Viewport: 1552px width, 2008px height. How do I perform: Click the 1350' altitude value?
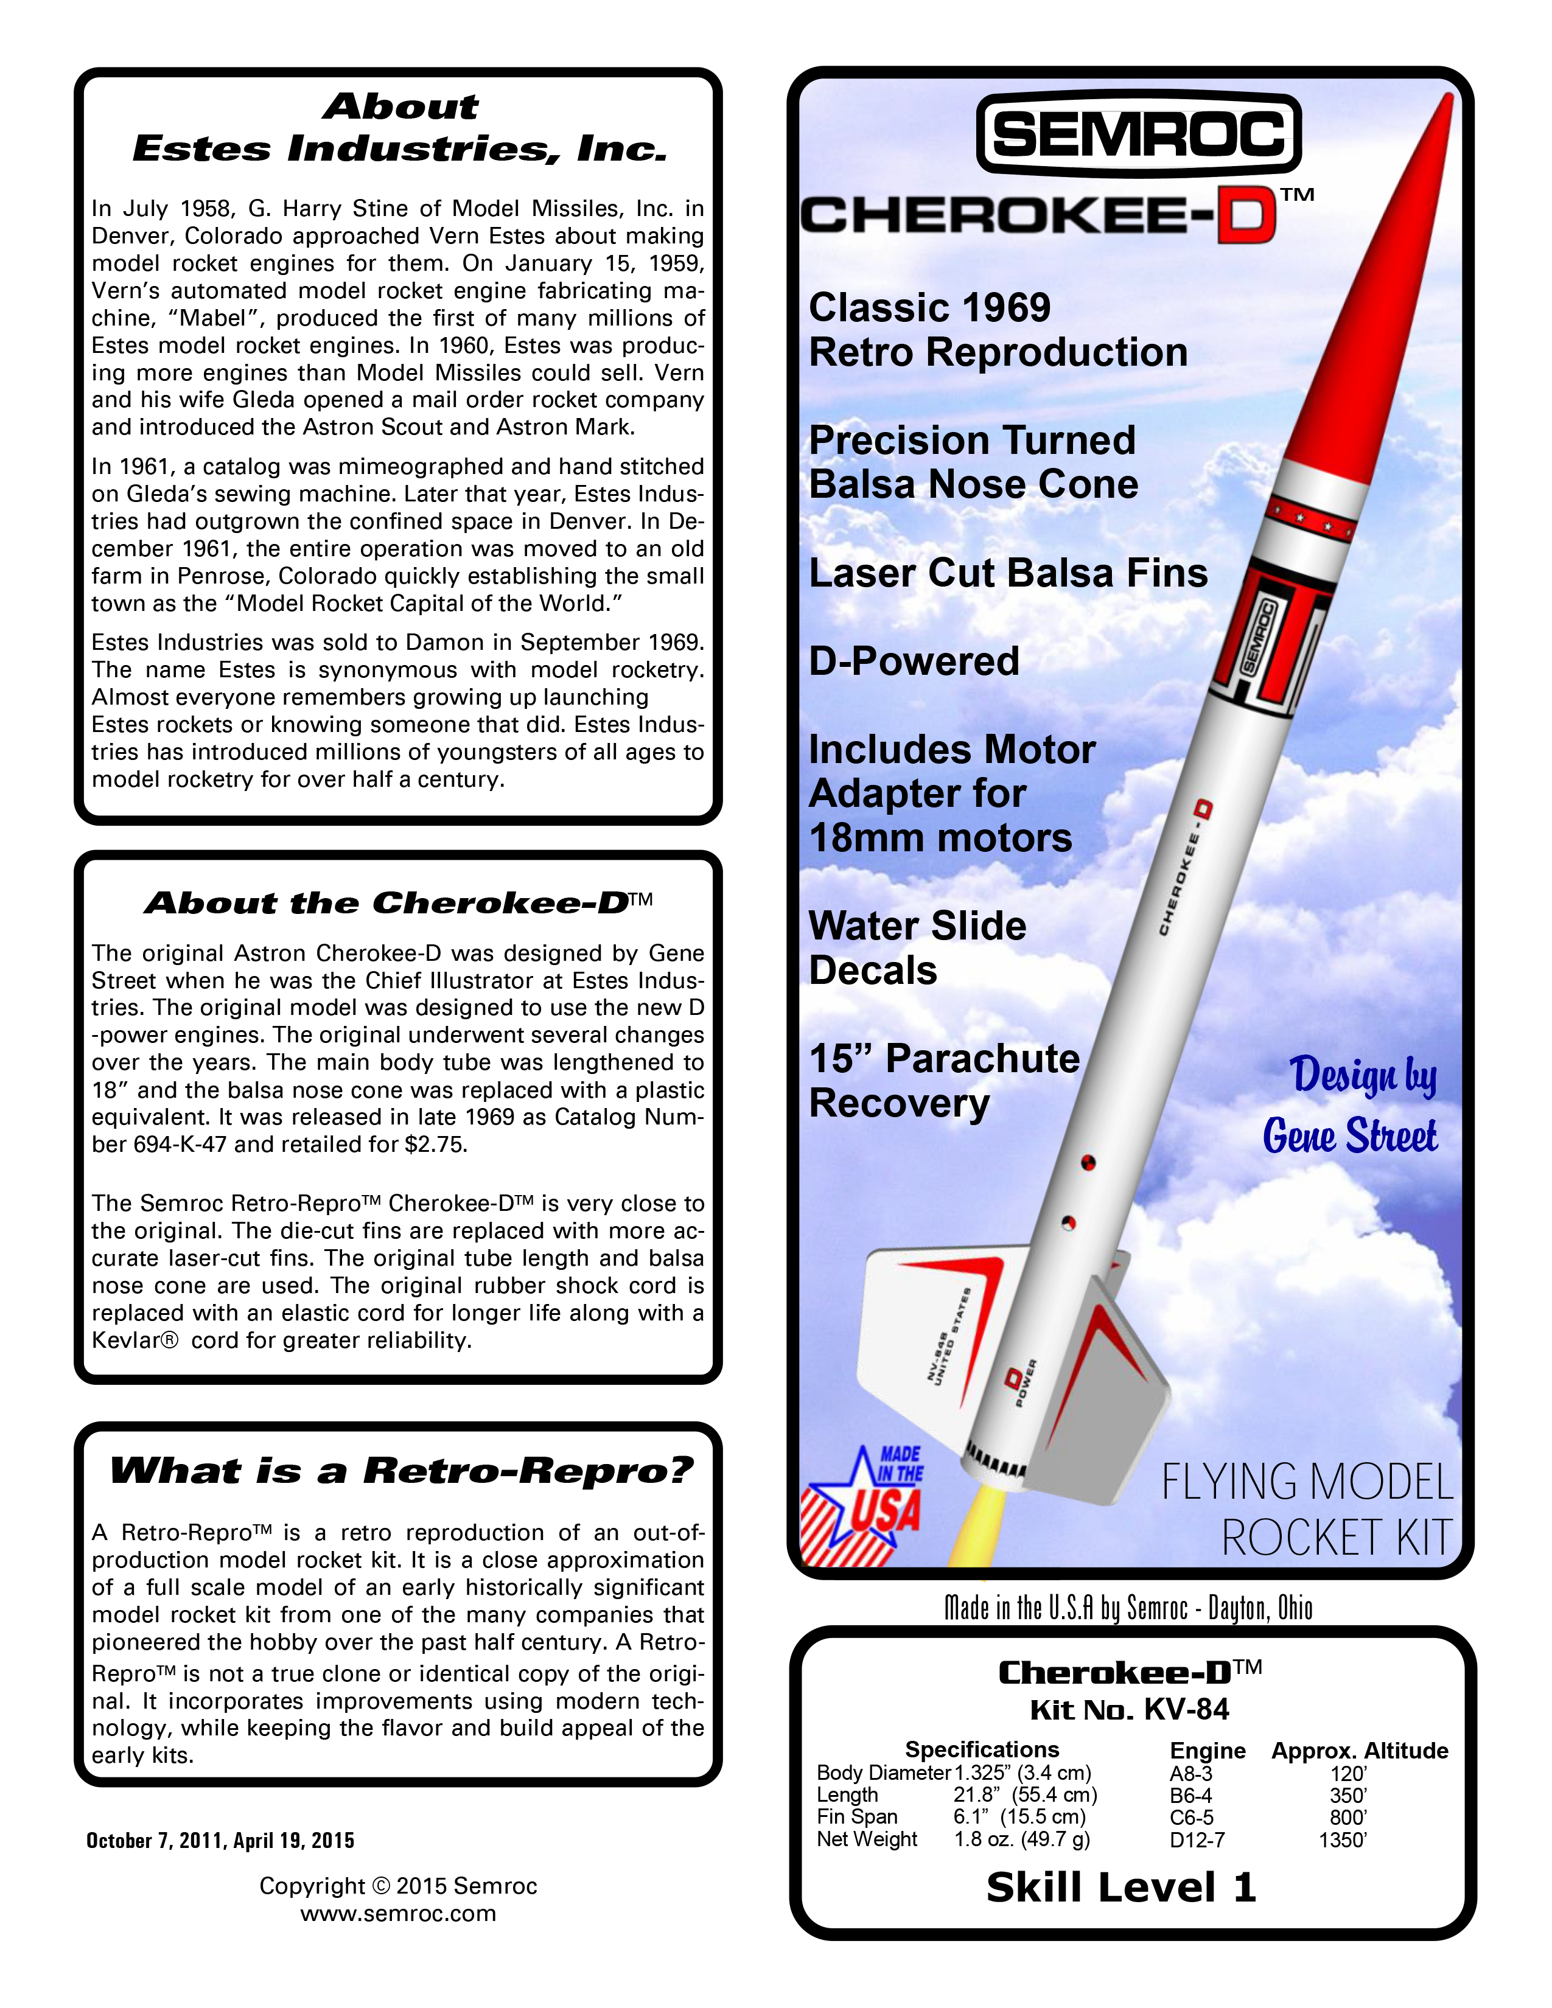(1343, 1839)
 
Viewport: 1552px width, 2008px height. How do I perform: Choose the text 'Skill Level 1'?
(1120, 1888)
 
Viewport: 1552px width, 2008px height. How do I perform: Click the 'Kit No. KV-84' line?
(1129, 1709)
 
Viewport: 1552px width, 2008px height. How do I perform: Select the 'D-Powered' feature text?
(914, 661)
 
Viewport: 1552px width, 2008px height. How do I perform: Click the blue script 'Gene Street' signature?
(1350, 1137)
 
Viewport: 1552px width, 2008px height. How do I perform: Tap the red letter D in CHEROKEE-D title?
(1246, 216)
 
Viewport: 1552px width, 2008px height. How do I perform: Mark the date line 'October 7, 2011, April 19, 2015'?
(221, 1839)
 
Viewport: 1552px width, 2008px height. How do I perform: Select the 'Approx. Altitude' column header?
(1359, 1751)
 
